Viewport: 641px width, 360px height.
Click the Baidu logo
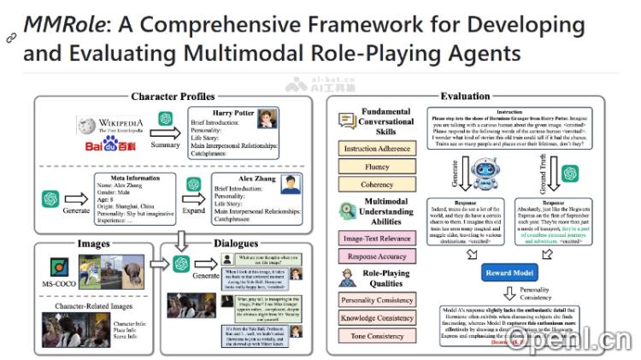[x=103, y=146]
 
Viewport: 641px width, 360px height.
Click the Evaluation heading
[x=465, y=97]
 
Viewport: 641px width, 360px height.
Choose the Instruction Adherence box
[x=378, y=150]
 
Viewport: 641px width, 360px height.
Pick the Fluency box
[x=378, y=167]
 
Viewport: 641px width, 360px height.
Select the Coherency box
[x=378, y=184]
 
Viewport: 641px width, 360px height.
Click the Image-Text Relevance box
[x=378, y=238]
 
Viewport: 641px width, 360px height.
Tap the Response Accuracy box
[x=378, y=256]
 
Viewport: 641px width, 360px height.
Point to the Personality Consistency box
[x=378, y=300]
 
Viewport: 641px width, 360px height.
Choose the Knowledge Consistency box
[x=378, y=318]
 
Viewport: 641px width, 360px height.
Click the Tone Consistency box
[x=378, y=336]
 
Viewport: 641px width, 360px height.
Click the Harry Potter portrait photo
[x=268, y=118]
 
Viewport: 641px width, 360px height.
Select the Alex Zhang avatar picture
[x=291, y=186]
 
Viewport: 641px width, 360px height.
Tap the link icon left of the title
[x=10, y=38]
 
